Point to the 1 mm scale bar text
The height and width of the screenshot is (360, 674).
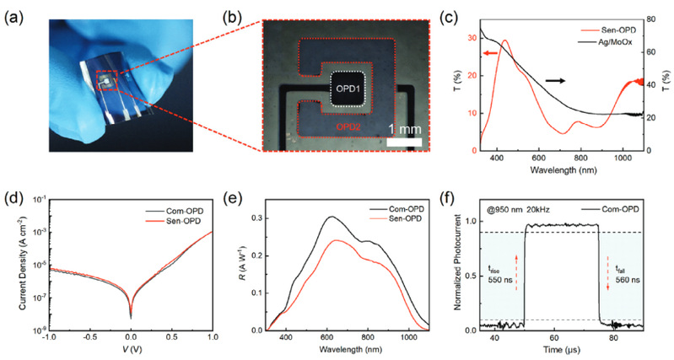coord(404,129)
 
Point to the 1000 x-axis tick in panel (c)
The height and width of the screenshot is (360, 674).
coord(618,159)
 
